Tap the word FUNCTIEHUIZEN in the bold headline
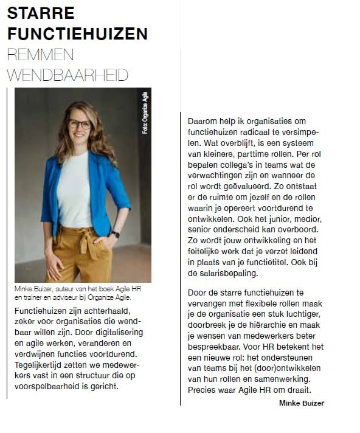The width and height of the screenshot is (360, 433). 77,33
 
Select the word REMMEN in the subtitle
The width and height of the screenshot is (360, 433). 40,55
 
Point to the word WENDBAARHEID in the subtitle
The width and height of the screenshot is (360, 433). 67,75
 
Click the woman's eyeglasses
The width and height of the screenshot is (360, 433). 79,124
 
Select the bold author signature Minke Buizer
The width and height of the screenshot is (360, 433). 301,403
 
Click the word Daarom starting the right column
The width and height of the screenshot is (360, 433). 202,122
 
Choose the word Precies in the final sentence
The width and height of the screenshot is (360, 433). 202,390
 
